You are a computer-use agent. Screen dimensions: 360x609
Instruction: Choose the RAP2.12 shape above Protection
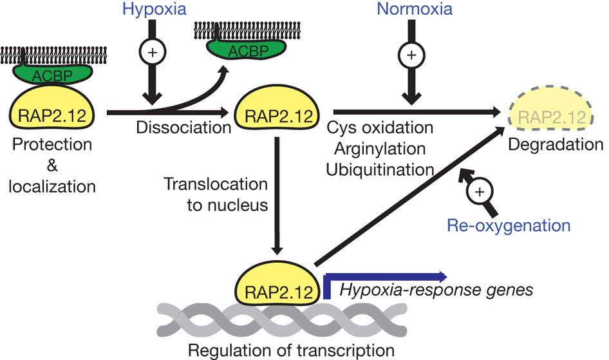50,115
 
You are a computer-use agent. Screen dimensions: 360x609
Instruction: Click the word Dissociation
183,128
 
